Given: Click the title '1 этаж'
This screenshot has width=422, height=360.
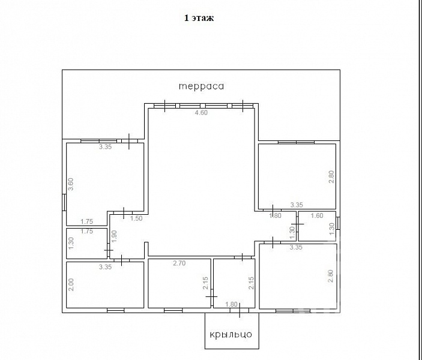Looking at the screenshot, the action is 199,18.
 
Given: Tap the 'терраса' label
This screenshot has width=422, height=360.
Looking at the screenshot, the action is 201,86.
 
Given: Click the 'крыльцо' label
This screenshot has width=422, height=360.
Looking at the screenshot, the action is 231,334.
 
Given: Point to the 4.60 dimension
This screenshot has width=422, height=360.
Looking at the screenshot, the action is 201,112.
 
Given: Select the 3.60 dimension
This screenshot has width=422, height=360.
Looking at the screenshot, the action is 70,184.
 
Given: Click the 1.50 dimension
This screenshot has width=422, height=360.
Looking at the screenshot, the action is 136,218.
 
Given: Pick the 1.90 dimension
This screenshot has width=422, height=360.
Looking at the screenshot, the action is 114,236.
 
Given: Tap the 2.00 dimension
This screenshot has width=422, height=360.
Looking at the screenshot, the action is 71,284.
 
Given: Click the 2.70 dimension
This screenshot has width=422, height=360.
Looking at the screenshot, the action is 179,263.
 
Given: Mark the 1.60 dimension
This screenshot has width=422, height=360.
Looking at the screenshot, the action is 317,215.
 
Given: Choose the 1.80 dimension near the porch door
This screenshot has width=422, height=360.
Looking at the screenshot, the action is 232,304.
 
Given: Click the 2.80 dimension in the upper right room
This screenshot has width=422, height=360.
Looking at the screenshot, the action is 331,177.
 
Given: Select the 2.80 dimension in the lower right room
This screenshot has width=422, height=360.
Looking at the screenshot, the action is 331,276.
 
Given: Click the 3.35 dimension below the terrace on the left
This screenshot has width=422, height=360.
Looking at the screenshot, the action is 105,146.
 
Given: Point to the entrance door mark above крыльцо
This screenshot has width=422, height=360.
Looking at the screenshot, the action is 240,310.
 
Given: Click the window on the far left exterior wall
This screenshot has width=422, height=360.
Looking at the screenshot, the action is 64,202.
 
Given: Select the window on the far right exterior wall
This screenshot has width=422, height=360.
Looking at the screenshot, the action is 339,223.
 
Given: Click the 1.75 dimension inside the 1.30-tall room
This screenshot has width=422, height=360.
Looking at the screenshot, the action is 86,231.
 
